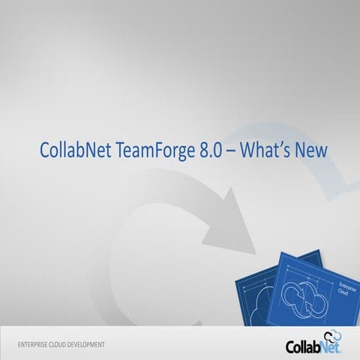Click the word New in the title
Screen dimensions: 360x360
(x=307, y=150)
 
